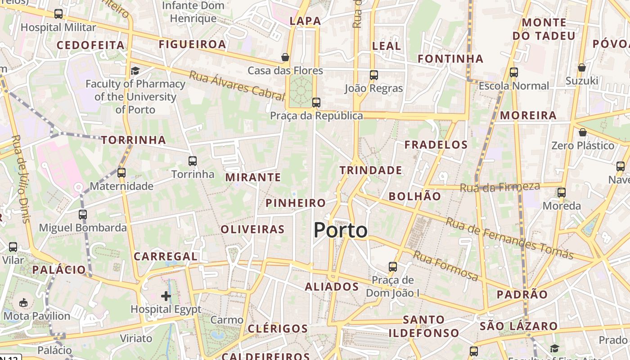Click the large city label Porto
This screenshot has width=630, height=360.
pyautogui.click(x=340, y=230)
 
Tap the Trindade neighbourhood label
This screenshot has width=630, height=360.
pyautogui.click(x=371, y=170)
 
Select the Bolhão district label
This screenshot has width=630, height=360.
pyautogui.click(x=414, y=196)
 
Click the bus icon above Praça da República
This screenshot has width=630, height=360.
pyautogui.click(x=316, y=102)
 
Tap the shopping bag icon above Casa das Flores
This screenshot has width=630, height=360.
pyautogui.click(x=285, y=57)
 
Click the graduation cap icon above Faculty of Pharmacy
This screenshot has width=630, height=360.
pyautogui.click(x=135, y=71)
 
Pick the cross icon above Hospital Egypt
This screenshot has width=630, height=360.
pyautogui.click(x=166, y=296)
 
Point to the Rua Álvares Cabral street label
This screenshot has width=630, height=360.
pyautogui.click(x=237, y=85)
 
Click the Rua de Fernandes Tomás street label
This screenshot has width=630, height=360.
pyautogui.click(x=509, y=238)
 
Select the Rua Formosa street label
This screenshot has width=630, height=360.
pyautogui.click(x=445, y=266)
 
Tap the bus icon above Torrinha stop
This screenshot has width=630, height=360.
pyautogui.click(x=193, y=161)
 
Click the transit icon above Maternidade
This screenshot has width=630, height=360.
pyautogui.click(x=121, y=172)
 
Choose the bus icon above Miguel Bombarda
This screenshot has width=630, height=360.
pyautogui.click(x=82, y=214)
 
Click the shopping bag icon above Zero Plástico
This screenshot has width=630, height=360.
pyautogui.click(x=583, y=132)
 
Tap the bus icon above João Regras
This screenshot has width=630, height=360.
pyautogui.click(x=374, y=75)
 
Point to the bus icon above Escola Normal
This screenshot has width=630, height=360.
pyautogui.click(x=514, y=72)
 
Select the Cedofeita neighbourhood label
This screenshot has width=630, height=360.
pyautogui.click(x=90, y=45)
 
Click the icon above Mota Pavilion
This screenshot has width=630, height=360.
pyautogui.click(x=23, y=302)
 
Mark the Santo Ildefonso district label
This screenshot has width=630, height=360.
pyautogui.click(x=424, y=326)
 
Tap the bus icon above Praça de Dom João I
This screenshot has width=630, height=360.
pyautogui.click(x=393, y=266)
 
